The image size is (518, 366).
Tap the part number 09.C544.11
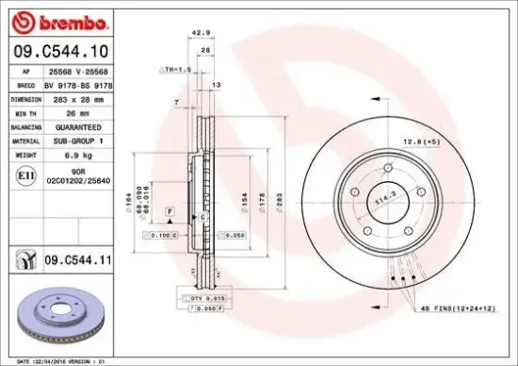(72, 256)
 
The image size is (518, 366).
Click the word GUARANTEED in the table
(73, 125)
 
